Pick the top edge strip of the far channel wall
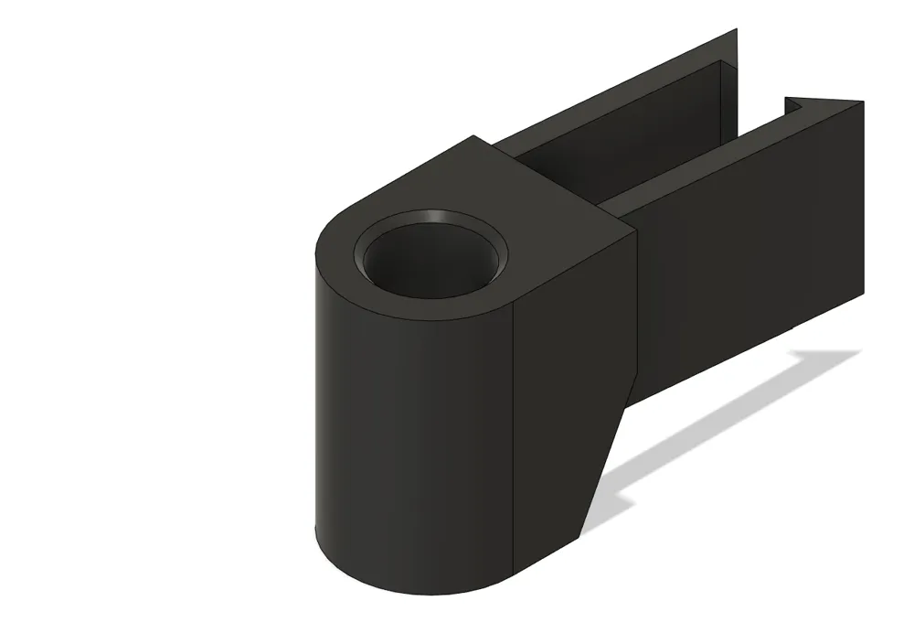[x=622, y=96]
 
